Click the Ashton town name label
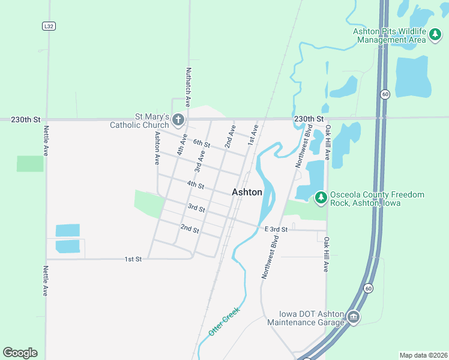pos(247,192)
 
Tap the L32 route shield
pos(49,26)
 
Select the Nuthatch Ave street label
pos(188,87)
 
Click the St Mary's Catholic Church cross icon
pos(178,120)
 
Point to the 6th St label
pos(202,143)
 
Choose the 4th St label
pos(196,185)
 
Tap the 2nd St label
pos(190,229)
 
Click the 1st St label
pos(133,259)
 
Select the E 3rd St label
pos(277,229)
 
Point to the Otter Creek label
pos(224,321)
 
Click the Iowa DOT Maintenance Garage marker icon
pos(353,317)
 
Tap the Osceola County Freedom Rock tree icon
pos(321,197)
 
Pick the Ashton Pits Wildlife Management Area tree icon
pos(435,36)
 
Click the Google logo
pos(20,352)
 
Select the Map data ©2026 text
pos(423,355)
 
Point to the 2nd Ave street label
pos(230,137)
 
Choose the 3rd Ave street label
pos(200,161)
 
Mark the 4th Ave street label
pos(181,145)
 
